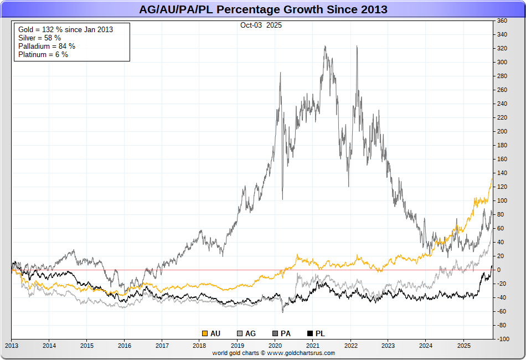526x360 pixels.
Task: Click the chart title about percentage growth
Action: tap(263, 9)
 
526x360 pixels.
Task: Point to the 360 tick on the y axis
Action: tap(502, 21)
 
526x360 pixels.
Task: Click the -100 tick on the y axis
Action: tap(502, 339)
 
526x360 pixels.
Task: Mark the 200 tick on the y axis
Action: tap(502, 131)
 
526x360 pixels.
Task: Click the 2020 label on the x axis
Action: tap(275, 345)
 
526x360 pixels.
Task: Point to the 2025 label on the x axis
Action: tap(464, 345)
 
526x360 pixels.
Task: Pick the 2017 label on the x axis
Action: tap(162, 345)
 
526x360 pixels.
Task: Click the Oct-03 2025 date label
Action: tap(260, 25)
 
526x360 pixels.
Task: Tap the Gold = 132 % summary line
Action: tap(66, 29)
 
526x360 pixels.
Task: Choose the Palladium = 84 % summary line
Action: tap(47, 46)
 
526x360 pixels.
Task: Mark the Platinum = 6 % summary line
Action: tap(43, 54)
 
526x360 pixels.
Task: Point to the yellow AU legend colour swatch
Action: tap(204, 333)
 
